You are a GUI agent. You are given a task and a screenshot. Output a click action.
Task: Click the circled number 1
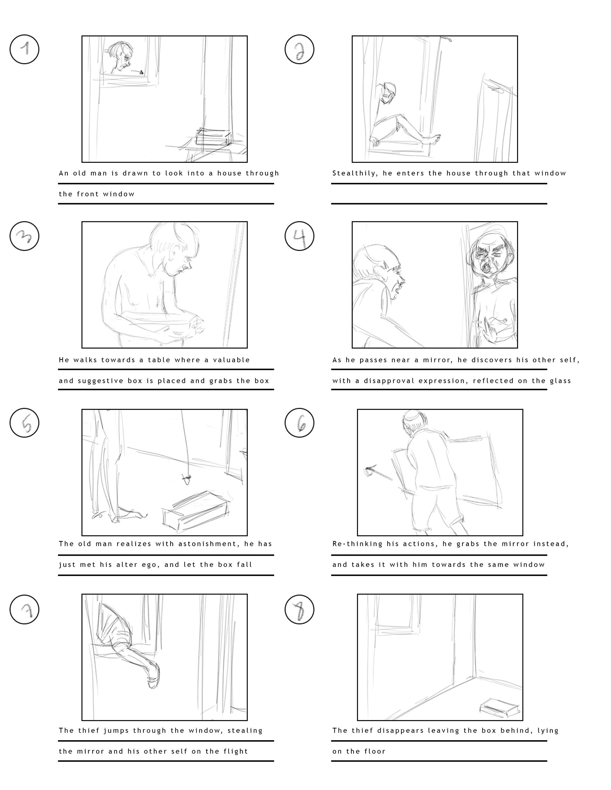pyautogui.click(x=24, y=49)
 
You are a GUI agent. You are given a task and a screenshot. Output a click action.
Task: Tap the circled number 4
pyautogui.click(x=299, y=236)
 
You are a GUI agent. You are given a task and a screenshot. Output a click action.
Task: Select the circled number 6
pyautogui.click(x=299, y=422)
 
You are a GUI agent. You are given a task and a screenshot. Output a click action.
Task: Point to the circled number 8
pyautogui.click(x=299, y=609)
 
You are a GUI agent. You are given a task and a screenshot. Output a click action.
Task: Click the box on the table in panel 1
pyautogui.click(x=213, y=137)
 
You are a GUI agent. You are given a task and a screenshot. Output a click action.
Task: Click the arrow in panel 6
pyautogui.click(x=378, y=474)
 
